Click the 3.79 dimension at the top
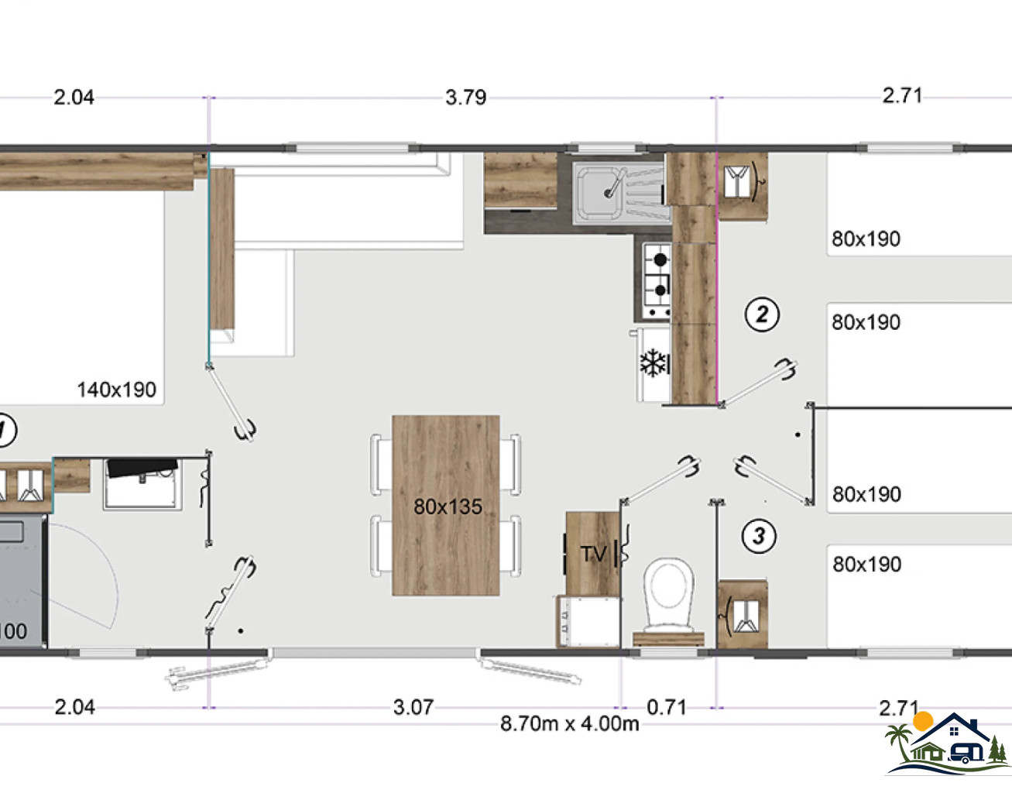(465, 98)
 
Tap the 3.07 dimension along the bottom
(413, 707)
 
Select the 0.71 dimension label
(667, 707)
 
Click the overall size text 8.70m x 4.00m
(569, 723)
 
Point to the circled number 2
(762, 314)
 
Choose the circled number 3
(759, 536)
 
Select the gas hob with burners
(657, 281)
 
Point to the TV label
(593, 554)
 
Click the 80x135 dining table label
(448, 507)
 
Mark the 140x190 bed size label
(117, 390)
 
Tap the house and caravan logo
(948, 745)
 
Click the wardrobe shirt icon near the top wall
(737, 181)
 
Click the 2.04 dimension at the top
(74, 98)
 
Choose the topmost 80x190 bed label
(866, 239)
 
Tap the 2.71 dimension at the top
(902, 96)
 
